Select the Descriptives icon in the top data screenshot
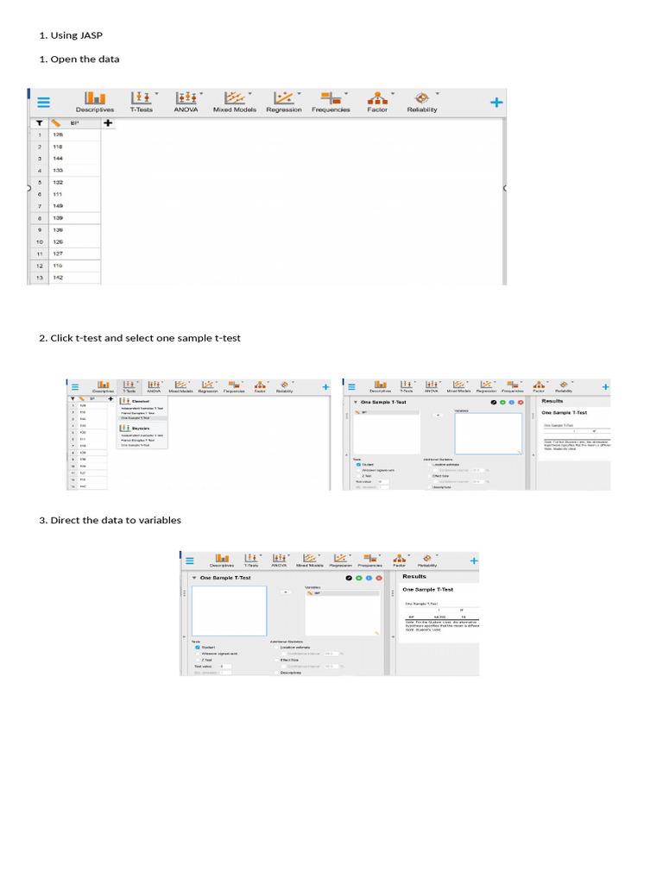coord(95,99)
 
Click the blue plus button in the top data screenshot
coord(496,102)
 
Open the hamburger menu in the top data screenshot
coord(43,102)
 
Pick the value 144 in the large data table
coord(58,159)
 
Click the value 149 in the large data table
coord(58,207)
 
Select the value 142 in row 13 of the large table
coord(58,279)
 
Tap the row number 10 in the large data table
coord(39,242)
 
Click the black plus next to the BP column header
coord(108,123)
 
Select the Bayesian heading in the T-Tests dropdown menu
coord(141,427)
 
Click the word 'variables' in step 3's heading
coord(159,520)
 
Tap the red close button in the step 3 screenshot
coord(377,577)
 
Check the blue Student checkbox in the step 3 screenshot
coord(197,647)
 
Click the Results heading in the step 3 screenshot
coord(414,576)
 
